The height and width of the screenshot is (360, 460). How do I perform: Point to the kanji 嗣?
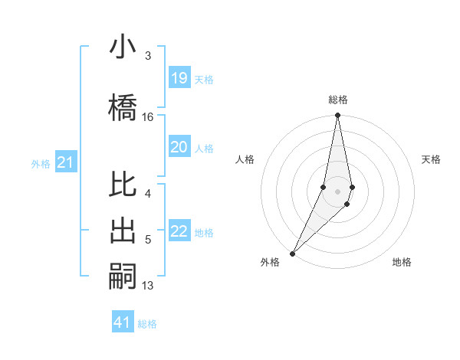pyautogui.click(x=123, y=274)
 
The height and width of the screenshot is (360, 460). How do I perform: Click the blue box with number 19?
pyautogui.click(x=179, y=77)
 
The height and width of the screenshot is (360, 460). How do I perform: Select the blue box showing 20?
pyautogui.click(x=179, y=148)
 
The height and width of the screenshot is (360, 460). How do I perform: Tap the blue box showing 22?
pyautogui.click(x=179, y=231)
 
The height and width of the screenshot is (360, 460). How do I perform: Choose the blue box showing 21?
pyautogui.click(x=65, y=162)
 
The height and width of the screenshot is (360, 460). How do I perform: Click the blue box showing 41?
pyautogui.click(x=123, y=322)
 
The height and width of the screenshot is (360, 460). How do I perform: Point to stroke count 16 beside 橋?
pyautogui.click(x=148, y=117)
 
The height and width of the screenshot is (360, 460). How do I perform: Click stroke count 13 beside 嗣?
pyautogui.click(x=148, y=286)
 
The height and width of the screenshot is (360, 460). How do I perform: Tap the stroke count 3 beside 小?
pyautogui.click(x=148, y=56)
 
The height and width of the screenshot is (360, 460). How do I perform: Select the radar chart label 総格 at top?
pyautogui.click(x=338, y=100)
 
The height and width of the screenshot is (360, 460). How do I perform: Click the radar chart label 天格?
pyautogui.click(x=432, y=159)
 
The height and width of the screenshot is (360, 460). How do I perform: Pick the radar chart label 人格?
pyautogui.click(x=245, y=159)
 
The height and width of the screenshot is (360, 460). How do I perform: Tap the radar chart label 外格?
pyautogui.click(x=270, y=262)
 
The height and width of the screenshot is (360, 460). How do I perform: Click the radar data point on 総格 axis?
pyautogui.click(x=337, y=116)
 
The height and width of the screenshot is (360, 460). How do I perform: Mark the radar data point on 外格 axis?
pyautogui.click(x=292, y=253)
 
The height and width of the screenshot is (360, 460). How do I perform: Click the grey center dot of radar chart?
pyautogui.click(x=337, y=191)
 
